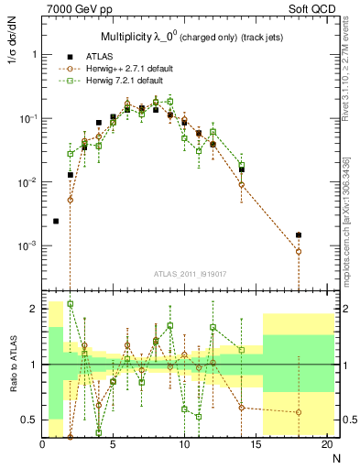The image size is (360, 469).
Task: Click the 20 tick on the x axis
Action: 326,445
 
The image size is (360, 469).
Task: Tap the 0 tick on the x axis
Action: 43,445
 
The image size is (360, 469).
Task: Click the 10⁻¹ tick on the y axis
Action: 27,118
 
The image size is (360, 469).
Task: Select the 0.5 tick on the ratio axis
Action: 30,420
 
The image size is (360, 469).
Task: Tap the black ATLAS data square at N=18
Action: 299,235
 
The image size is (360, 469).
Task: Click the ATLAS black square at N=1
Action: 56,221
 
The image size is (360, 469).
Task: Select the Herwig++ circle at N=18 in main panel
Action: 299,251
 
